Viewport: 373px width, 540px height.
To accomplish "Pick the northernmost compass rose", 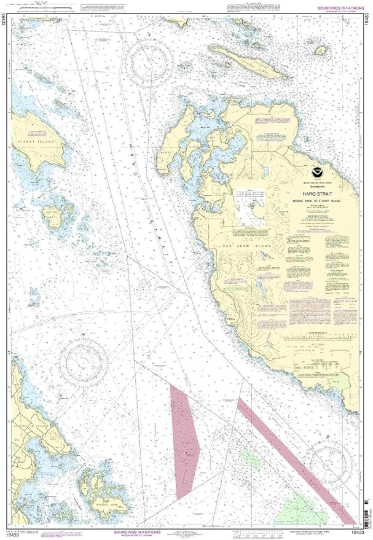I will (x=149, y=61).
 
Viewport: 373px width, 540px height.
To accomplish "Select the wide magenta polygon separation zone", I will (x=183, y=439).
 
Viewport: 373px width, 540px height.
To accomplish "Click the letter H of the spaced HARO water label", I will (x=131, y=145).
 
